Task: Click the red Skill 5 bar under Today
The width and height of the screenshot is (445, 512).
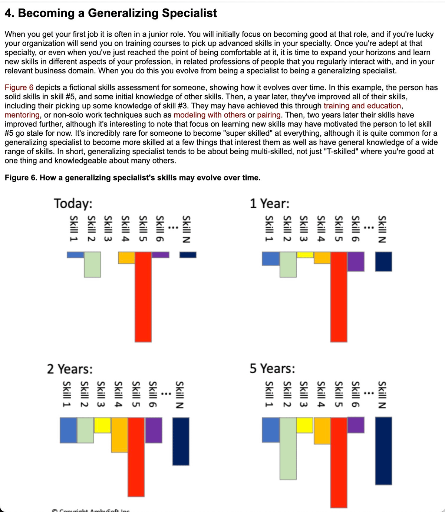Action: tap(143, 297)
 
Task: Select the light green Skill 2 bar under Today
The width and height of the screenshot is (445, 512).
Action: tap(92, 264)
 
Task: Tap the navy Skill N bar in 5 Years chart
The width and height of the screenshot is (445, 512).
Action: tap(383, 450)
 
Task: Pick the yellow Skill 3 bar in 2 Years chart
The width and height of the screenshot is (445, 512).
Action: tap(103, 425)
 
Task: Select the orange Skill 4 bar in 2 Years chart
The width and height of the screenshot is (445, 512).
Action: tap(119, 435)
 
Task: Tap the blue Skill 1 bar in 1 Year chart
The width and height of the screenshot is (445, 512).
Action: tap(271, 258)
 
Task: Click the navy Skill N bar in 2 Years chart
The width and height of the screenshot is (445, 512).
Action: tap(181, 441)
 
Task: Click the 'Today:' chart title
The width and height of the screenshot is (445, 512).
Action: tap(73, 204)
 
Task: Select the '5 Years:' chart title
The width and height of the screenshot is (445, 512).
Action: tap(272, 369)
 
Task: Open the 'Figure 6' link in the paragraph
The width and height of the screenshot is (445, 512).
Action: tap(19, 88)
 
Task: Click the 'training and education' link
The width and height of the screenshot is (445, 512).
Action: tap(362, 106)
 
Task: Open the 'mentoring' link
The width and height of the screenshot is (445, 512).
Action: tap(22, 115)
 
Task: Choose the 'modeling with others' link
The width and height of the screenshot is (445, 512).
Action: tap(210, 115)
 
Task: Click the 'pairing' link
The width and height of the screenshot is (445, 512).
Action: tap(268, 115)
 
